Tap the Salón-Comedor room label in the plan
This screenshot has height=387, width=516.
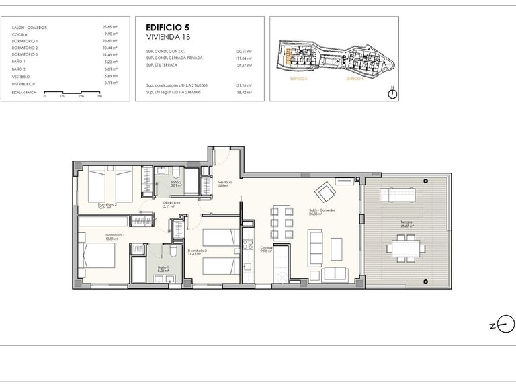coord(322,212)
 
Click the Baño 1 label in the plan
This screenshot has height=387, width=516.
coord(162,269)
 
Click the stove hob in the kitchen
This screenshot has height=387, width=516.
coord(247,245)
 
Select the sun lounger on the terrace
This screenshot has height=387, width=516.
coord(399,194)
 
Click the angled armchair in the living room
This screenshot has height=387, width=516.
coord(326,193)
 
